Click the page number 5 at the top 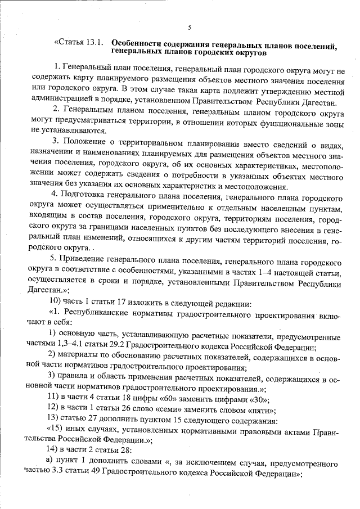click(190, 28)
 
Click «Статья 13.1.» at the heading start click(78, 43)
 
